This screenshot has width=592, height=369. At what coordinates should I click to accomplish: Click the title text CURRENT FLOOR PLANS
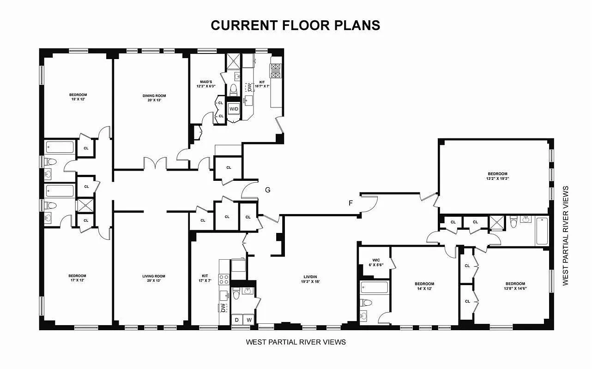(x=296, y=25)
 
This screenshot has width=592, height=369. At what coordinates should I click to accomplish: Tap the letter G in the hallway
(x=267, y=190)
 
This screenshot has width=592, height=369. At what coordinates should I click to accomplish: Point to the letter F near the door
(x=351, y=202)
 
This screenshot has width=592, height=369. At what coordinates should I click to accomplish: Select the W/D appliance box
(x=234, y=109)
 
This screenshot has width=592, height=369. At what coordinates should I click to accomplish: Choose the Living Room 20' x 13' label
(x=153, y=279)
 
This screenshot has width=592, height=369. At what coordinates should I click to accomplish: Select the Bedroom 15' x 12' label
(x=78, y=97)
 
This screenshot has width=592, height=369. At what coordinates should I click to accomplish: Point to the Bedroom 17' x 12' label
(x=78, y=278)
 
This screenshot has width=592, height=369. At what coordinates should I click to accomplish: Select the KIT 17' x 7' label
(x=205, y=279)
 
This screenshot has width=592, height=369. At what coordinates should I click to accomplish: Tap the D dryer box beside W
(x=237, y=320)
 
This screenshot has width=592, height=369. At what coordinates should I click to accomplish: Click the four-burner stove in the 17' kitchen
(x=224, y=279)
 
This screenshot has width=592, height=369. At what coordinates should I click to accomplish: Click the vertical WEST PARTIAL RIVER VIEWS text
(x=566, y=236)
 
